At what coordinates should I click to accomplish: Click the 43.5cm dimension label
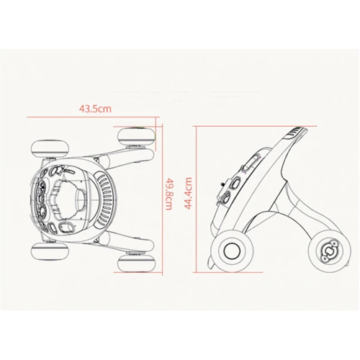click(95, 109)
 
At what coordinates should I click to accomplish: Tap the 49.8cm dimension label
click(168, 194)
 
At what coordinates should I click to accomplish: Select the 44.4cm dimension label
click(188, 194)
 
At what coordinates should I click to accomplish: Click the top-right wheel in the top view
click(136, 137)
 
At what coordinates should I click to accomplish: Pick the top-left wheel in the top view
click(50, 149)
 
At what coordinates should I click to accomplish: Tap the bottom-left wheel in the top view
click(50, 251)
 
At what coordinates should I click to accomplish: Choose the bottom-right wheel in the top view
click(136, 264)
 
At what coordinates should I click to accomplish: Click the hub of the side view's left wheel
click(232, 250)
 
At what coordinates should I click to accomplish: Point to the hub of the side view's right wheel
click(329, 251)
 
